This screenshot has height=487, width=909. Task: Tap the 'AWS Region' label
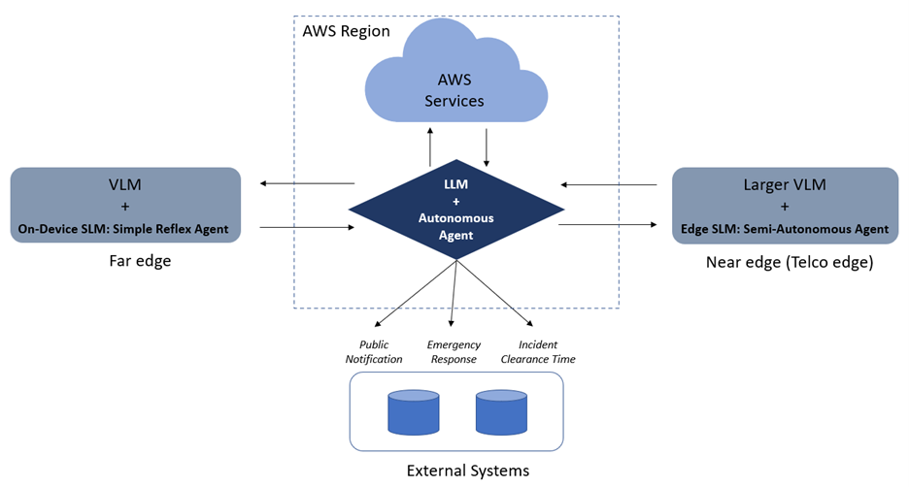[346, 31]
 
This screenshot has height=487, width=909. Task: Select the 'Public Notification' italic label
[374, 351]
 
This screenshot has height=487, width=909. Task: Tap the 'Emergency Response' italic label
[453, 351]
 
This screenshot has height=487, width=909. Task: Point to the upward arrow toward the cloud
[429, 146]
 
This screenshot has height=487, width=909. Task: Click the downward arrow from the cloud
[487, 148]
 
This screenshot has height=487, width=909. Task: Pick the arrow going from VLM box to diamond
[307, 228]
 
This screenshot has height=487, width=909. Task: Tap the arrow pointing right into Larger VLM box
[608, 224]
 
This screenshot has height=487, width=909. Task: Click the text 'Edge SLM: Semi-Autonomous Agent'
[784, 229]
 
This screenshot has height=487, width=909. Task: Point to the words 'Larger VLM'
[784, 185]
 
